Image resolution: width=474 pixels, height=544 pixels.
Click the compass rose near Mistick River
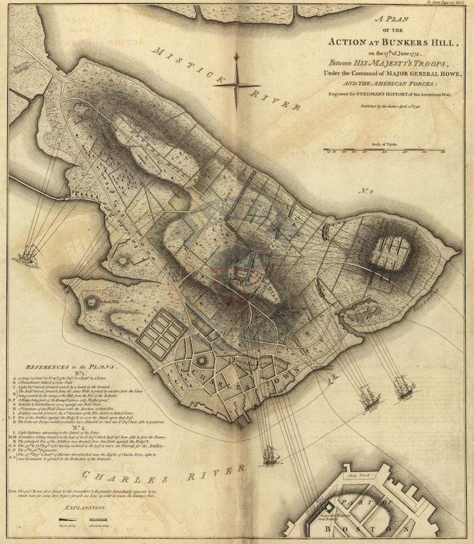[237, 84]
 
